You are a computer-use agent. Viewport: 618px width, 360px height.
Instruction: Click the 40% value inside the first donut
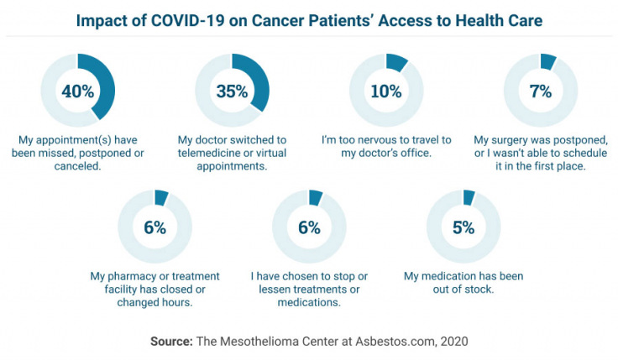point(77,91)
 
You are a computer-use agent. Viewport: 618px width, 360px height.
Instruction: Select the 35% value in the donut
point(232,91)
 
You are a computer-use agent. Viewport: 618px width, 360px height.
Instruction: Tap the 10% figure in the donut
point(386,91)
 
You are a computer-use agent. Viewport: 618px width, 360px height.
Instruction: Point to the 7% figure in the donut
point(540,91)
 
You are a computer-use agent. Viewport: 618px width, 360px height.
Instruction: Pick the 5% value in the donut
point(463,227)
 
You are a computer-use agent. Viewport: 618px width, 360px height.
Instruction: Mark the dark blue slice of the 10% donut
point(396,62)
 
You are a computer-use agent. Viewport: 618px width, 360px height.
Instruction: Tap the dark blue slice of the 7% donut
point(548,60)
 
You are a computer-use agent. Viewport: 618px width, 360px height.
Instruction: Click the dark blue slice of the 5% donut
point(469,197)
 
